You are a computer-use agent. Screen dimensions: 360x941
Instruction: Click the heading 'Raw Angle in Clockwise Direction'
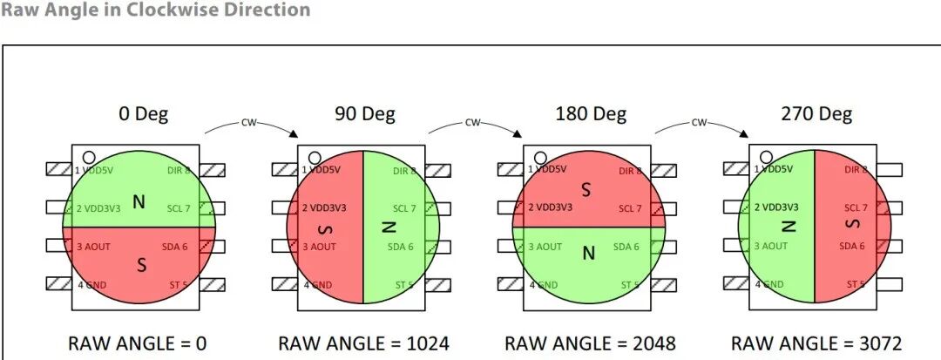pos(155,10)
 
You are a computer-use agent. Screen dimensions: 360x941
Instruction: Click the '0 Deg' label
pos(144,113)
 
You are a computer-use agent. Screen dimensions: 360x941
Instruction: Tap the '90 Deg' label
pos(364,113)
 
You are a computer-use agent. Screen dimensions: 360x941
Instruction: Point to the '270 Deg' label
pos(816,113)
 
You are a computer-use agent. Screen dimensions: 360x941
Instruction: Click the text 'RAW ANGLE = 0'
pos(138,343)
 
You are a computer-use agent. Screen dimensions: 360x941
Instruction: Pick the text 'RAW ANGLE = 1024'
pos(364,343)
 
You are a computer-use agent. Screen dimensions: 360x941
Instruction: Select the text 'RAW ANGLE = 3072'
pos(816,343)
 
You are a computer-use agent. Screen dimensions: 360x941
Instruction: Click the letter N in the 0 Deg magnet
pos(139,202)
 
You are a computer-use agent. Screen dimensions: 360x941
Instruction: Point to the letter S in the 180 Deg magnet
pos(586,188)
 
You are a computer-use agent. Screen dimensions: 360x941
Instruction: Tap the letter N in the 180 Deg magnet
pos(588,254)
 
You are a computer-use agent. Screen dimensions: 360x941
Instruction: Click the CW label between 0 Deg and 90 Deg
pos(250,123)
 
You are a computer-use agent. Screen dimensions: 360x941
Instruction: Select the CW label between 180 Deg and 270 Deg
pos(700,123)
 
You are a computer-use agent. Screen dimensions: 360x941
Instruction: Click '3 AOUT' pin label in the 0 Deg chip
pos(95,247)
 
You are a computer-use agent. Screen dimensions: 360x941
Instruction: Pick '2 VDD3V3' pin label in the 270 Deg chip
pos(775,207)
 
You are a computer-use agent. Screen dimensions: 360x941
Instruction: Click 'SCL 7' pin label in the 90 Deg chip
pos(404,208)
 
